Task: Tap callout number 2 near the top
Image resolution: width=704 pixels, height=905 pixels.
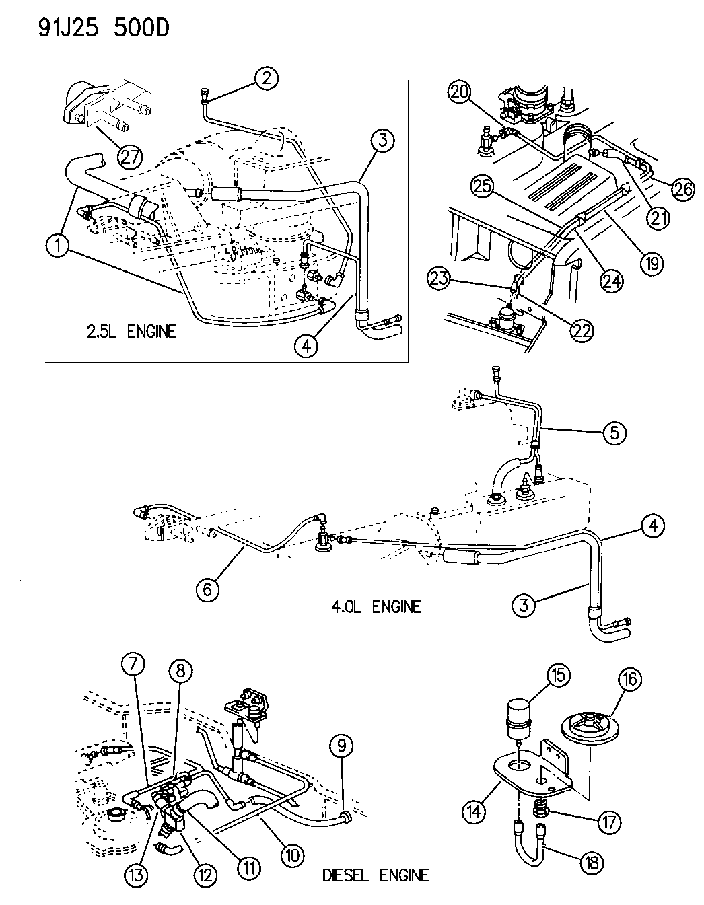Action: coord(267,78)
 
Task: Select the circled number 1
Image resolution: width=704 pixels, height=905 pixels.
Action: coord(60,246)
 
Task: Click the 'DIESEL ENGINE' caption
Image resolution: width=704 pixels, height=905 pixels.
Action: coord(376,875)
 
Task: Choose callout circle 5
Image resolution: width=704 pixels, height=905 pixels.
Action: coord(614,432)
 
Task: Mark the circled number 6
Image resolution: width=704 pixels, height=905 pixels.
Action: coord(207,589)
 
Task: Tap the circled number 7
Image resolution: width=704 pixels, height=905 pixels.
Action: coord(133,666)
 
